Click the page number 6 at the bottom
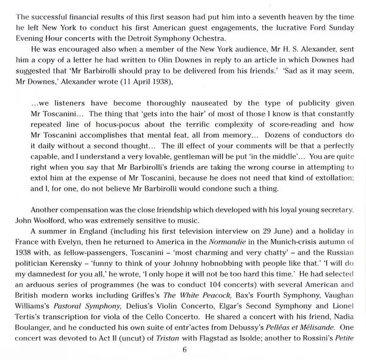tap(183, 350)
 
